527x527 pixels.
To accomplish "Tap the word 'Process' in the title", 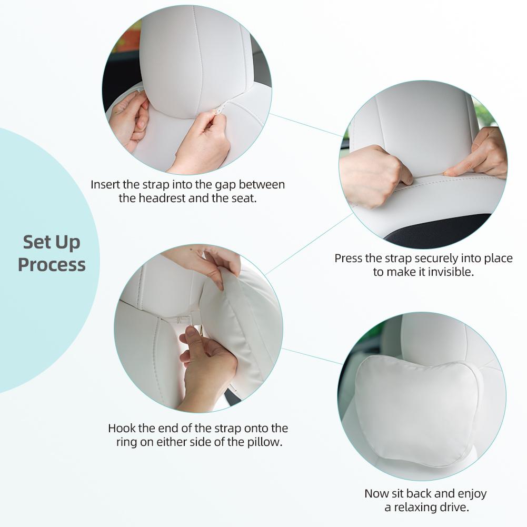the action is (52, 264).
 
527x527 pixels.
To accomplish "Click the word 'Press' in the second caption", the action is (348, 258).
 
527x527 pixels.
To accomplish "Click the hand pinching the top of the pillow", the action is (208, 263).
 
